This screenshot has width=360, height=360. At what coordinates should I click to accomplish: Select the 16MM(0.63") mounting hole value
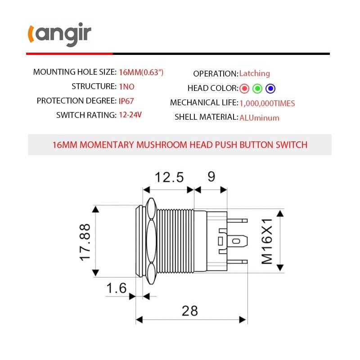click(141, 72)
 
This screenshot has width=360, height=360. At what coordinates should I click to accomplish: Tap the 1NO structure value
click(126, 86)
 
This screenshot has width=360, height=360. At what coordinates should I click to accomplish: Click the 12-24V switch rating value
click(130, 115)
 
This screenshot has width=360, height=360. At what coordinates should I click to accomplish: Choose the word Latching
click(255, 73)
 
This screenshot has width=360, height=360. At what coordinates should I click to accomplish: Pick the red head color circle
click(245, 88)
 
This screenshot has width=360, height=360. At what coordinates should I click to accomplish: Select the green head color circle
click(257, 88)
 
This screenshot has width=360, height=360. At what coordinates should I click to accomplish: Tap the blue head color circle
click(270, 88)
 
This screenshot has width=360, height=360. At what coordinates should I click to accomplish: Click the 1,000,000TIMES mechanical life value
click(267, 103)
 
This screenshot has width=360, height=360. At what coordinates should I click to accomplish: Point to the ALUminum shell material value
click(259, 118)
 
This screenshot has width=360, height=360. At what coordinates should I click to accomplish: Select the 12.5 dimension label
click(169, 177)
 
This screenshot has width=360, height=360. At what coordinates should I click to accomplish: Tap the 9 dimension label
click(211, 176)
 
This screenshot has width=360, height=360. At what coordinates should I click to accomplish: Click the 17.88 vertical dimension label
click(85, 241)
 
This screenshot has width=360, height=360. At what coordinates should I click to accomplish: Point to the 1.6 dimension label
click(117, 288)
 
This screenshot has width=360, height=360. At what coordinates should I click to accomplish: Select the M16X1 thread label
click(267, 241)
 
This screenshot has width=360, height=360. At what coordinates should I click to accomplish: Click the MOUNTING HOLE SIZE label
click(74, 72)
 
